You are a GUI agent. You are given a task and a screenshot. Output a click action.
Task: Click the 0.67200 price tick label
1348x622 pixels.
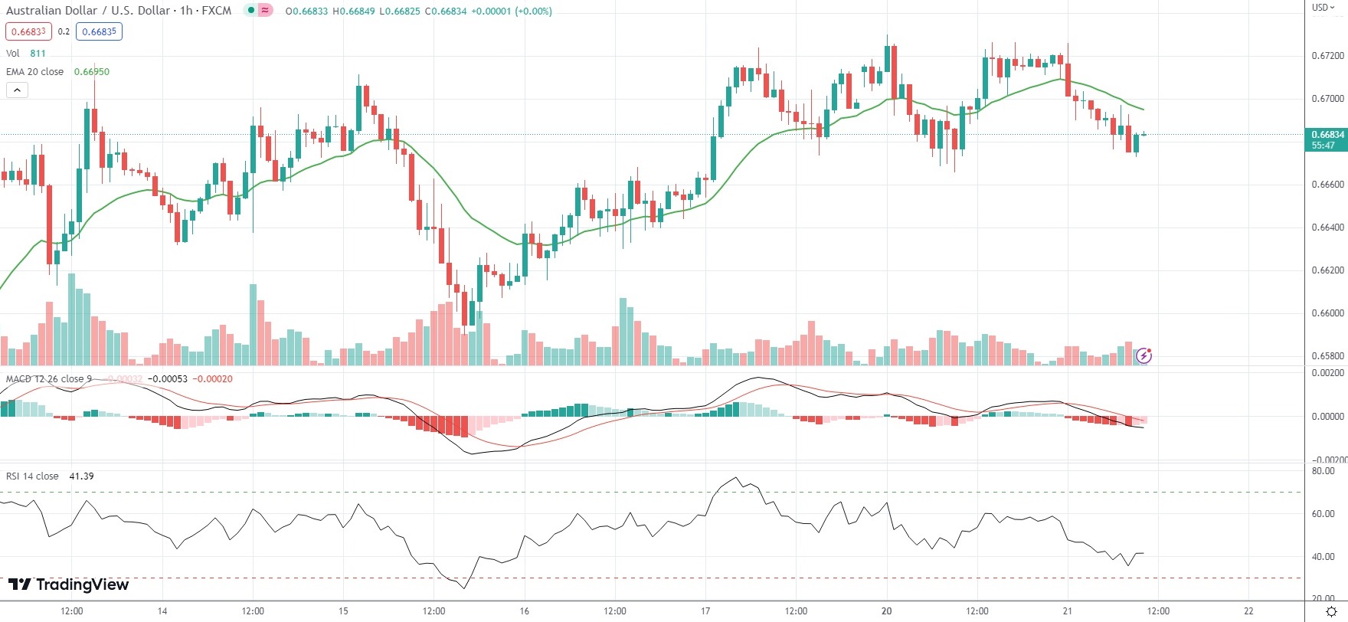pos(1327,56)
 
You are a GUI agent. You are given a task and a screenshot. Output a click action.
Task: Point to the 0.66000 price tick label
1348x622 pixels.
pos(1327,313)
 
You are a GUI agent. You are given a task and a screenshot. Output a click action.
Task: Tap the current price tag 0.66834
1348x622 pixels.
pos(1327,135)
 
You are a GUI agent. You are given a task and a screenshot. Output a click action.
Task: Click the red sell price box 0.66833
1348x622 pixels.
pos(28,31)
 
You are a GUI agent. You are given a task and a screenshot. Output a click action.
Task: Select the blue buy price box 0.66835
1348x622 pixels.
pos(99,31)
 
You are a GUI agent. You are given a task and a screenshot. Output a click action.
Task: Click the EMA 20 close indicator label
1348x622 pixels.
pos(35,72)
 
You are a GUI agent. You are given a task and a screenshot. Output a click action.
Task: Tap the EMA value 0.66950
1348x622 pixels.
pos(92,72)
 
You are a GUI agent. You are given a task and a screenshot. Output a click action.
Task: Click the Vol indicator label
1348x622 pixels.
pos(13,54)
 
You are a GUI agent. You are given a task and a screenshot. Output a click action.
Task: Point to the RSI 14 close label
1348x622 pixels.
pos(32,476)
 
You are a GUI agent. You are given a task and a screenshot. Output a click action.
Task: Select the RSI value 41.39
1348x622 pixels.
pos(81,476)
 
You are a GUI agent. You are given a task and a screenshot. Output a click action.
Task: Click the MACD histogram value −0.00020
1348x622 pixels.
pos(212,379)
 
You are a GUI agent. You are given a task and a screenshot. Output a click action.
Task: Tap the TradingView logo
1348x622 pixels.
pos(68,585)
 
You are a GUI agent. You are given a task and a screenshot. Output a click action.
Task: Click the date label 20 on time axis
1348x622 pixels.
pos(886,611)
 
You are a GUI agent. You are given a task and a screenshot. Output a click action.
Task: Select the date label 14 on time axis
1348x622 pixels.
pos(162,611)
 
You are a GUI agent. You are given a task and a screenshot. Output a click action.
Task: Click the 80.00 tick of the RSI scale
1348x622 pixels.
pos(1323,471)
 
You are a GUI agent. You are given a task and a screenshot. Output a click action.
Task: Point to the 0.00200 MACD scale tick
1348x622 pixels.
pos(1327,373)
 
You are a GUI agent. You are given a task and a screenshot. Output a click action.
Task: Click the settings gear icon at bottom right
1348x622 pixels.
pos(1331,611)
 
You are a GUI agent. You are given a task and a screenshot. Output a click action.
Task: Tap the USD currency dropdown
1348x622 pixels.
pos(1323,8)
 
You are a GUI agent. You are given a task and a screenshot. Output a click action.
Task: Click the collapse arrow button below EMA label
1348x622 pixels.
pos(17,90)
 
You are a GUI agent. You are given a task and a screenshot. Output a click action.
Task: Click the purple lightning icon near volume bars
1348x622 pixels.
pos(1144,355)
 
